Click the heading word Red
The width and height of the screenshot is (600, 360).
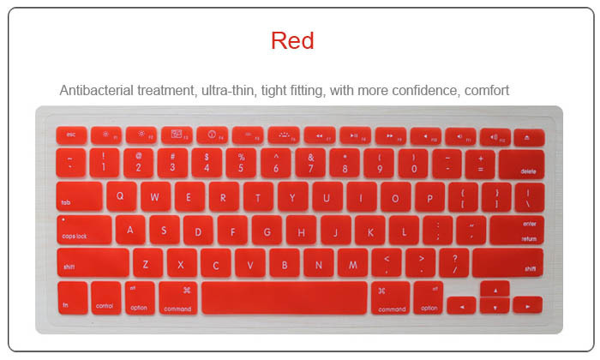(292, 40)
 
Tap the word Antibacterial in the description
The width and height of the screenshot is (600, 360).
(97, 90)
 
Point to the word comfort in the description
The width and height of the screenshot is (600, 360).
(487, 90)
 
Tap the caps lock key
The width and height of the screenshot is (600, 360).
(85, 230)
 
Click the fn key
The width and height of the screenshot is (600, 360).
(71, 297)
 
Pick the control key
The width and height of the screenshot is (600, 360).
(105, 297)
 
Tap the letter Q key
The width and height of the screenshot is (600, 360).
(121, 196)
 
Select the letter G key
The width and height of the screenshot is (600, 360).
(267, 230)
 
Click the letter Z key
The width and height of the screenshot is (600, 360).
(147, 263)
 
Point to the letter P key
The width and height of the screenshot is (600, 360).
(429, 196)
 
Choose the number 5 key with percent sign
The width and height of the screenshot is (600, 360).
(242, 163)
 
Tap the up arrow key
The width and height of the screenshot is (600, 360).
(495, 288)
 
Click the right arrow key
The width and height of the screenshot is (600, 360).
(527, 305)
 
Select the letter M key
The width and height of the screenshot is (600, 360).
(352, 263)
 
